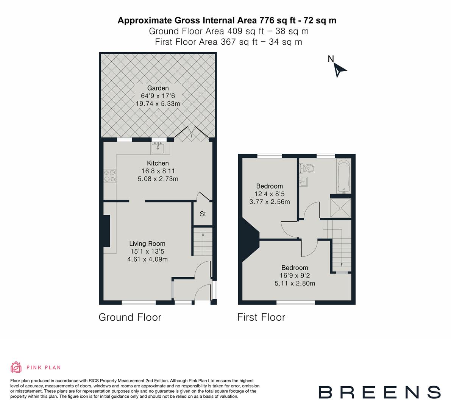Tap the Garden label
tap(158, 88)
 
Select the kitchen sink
tap(158, 148)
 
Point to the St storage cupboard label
tap(203, 214)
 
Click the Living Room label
tap(147, 244)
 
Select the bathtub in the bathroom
tap(344, 176)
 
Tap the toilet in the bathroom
tap(307, 167)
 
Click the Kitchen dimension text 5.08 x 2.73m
tap(158, 179)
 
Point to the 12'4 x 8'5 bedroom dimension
tap(270, 194)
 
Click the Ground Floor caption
tap(130, 317)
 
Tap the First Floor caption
tap(261, 317)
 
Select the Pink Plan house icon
tap(16, 367)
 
